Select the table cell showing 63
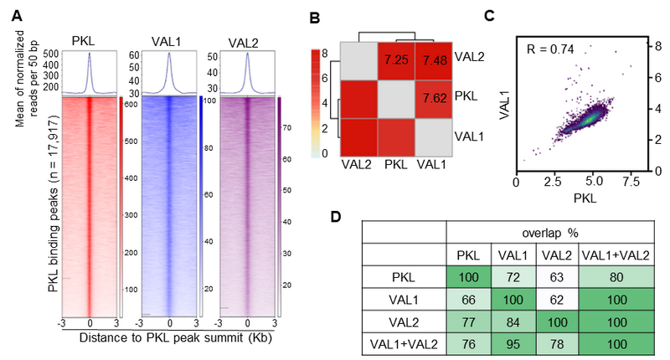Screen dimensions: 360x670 (557, 276)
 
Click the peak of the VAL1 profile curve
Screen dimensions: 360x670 (170, 55)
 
